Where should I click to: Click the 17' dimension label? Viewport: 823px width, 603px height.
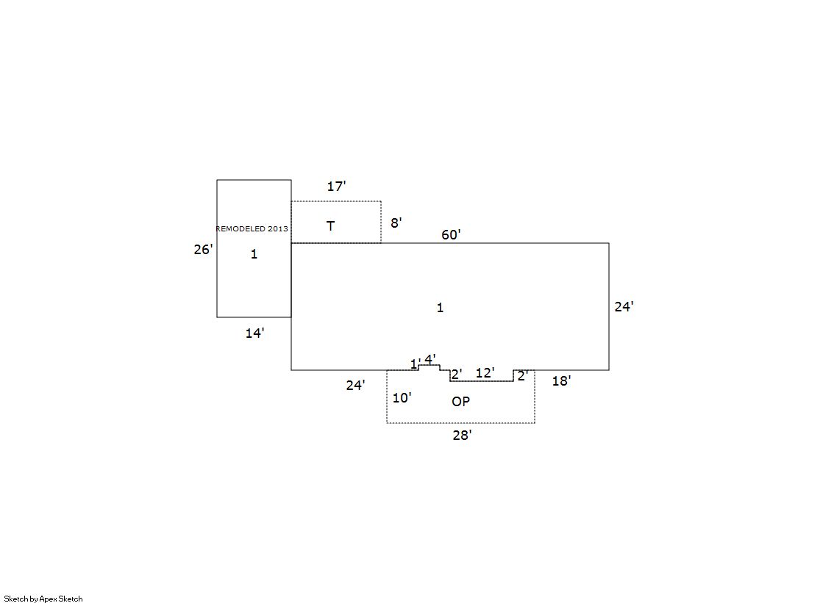336,186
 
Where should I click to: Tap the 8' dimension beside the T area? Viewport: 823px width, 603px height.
396,223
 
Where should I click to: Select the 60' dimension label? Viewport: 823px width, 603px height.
451,234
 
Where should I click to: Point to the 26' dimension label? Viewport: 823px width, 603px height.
203,250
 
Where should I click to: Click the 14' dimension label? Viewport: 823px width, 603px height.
254,333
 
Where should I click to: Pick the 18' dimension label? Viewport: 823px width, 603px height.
561,381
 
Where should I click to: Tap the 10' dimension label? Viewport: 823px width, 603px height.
402,398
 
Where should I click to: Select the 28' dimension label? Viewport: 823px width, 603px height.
462,436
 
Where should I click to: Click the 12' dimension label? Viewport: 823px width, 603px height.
485,373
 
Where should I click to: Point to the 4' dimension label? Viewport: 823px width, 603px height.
430,359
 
